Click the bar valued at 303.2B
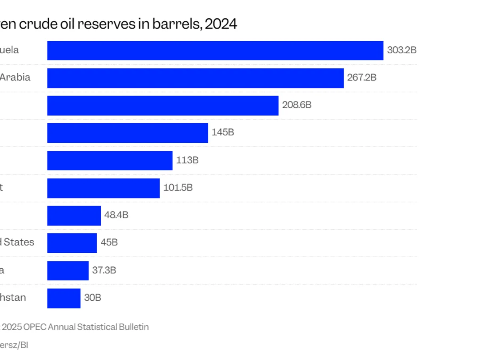pyautogui.click(x=215, y=50)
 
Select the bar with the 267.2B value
pyautogui.click(x=195, y=78)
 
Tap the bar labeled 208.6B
pyautogui.click(x=163, y=106)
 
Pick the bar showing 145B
pyautogui.click(x=128, y=133)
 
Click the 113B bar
pyautogui.click(x=110, y=160)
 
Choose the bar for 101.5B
pyautogui.click(x=103, y=188)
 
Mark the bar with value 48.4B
pyautogui.click(x=74, y=216)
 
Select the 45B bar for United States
pyautogui.click(x=72, y=243)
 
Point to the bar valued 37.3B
pyautogui.click(x=68, y=270)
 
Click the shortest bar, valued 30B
pyautogui.click(x=64, y=298)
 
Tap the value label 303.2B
pyautogui.click(x=402, y=50)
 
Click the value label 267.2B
pyautogui.click(x=362, y=78)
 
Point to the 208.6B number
pyautogui.click(x=297, y=106)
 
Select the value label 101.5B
pyautogui.click(x=178, y=188)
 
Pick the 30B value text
pyautogui.click(x=92, y=298)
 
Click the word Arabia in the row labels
pyautogui.click(x=15, y=77)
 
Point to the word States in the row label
pyautogui.click(x=19, y=242)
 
